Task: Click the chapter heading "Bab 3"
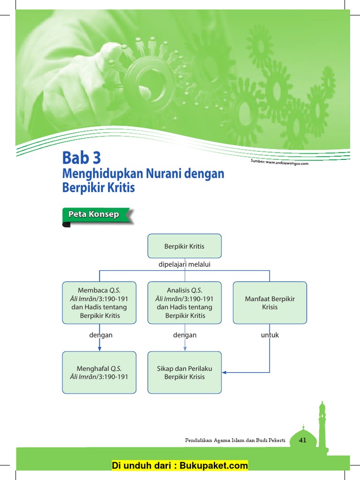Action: (x=82, y=157)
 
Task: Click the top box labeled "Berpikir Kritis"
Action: (x=184, y=246)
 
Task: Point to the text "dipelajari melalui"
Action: (x=184, y=265)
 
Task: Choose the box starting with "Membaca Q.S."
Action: (x=99, y=302)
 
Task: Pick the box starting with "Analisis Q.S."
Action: (x=184, y=302)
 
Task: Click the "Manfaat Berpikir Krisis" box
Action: (x=270, y=302)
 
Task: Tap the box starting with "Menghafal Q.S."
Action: (x=99, y=372)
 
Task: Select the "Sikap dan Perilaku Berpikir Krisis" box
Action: (x=184, y=372)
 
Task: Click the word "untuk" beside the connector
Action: (x=270, y=335)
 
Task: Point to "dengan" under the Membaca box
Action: (x=101, y=335)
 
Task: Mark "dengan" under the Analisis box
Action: (x=185, y=335)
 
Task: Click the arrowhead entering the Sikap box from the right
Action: (x=225, y=372)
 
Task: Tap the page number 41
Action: (x=302, y=440)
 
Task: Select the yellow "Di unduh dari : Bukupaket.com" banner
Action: (x=180, y=465)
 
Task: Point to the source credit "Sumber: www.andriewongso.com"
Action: (x=280, y=162)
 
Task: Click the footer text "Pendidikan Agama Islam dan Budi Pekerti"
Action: (x=235, y=440)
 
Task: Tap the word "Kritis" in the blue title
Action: (x=122, y=188)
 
